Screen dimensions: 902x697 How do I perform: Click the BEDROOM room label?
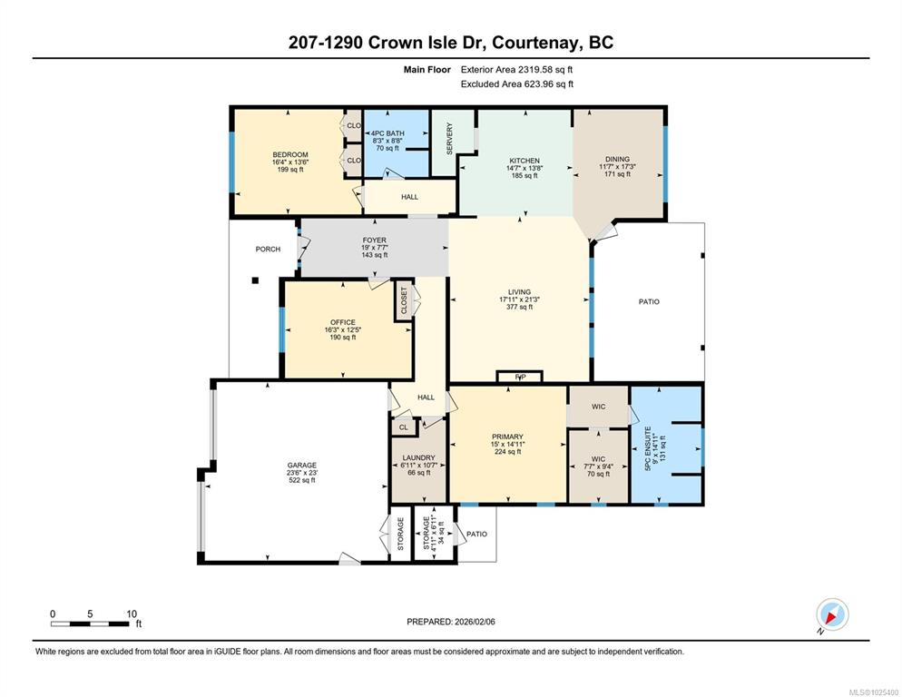[290, 155]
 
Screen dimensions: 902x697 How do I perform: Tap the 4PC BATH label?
[387, 133]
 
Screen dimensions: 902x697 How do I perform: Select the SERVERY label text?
[450, 138]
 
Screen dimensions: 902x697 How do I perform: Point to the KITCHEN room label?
[525, 161]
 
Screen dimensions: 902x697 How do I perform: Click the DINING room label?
[617, 159]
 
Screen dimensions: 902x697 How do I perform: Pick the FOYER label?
[375, 240]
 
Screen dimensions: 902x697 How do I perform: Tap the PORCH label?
[268, 250]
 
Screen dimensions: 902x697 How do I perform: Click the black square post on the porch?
[255, 280]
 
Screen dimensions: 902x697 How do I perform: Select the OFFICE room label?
[343, 322]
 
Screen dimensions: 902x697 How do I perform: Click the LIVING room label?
[519, 292]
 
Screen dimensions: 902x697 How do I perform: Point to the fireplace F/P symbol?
[520, 377]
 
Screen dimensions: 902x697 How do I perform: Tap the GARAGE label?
[302, 465]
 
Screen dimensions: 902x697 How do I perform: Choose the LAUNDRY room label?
[419, 457]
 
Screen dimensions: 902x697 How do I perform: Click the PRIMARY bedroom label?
[507, 437]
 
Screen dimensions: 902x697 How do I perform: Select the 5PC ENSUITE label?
[648, 449]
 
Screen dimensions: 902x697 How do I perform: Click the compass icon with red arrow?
[832, 614]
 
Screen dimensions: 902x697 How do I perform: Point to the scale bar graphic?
[89, 623]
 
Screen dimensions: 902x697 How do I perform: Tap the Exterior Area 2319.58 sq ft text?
[516, 70]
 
